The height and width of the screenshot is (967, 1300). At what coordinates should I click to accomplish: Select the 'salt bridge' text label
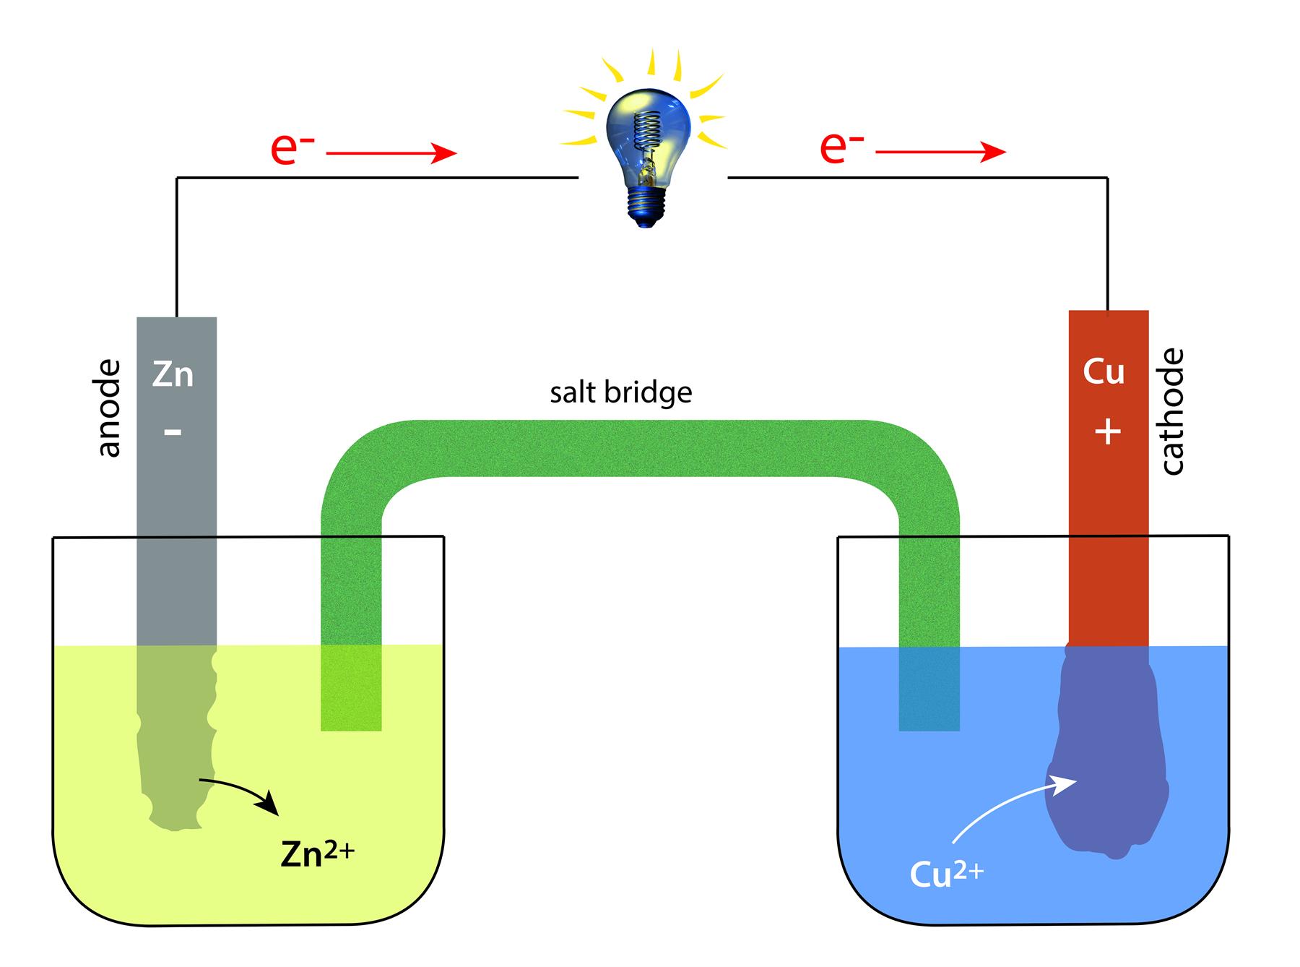coord(620,393)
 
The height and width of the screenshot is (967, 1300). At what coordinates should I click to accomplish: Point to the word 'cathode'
coord(1173,411)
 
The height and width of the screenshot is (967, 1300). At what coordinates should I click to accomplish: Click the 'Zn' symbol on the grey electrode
coord(173,375)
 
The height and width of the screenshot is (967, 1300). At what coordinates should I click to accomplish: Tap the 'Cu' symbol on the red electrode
coord(1104,371)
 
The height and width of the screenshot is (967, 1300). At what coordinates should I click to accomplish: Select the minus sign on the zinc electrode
coord(173,431)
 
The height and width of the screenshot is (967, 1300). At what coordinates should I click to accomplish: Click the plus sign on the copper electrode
coord(1108,432)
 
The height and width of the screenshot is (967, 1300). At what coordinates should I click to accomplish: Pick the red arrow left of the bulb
coord(391,152)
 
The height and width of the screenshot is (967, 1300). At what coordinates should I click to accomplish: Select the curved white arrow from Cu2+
coord(1004,802)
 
